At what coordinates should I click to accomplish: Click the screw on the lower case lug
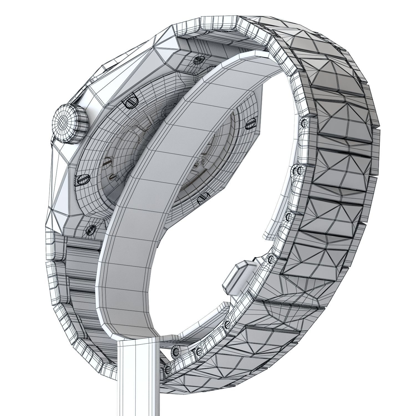[x=90, y=229]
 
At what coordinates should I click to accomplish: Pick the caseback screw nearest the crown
[x=130, y=102]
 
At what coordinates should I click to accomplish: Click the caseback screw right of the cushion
[x=251, y=123]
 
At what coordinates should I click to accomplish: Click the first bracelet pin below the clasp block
[x=227, y=324]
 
